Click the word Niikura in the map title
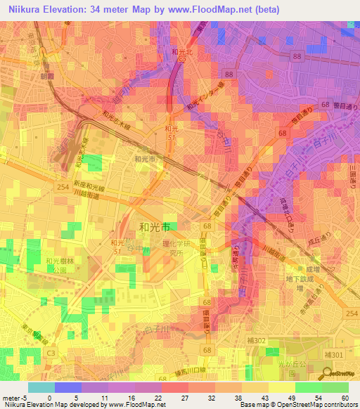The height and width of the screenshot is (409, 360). click(x=27, y=10)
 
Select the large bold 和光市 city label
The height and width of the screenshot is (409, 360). click(x=155, y=227)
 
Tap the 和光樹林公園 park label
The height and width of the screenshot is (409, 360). click(x=56, y=264)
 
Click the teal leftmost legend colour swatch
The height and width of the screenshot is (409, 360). click(x=40, y=387)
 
